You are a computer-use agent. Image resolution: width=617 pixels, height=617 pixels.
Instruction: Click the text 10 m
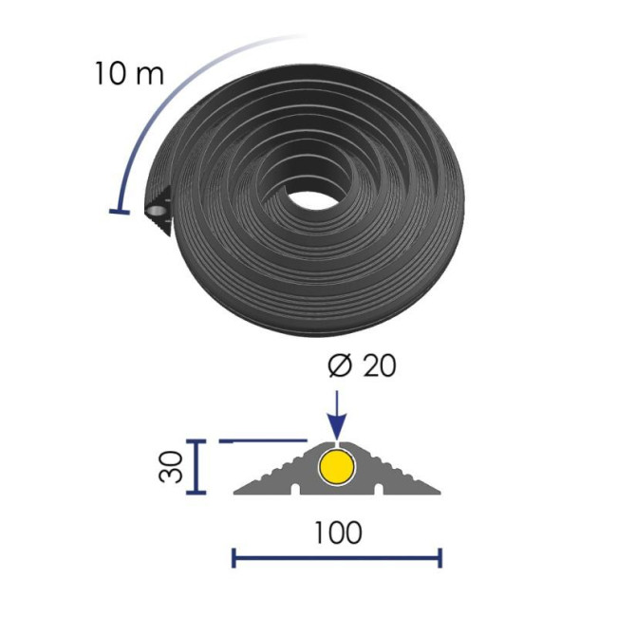129,74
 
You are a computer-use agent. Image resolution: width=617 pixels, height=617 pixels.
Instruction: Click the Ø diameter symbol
340,365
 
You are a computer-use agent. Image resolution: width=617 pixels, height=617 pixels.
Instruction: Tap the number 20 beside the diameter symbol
378,365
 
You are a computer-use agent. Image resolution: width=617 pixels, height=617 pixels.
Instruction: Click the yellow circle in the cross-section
336,468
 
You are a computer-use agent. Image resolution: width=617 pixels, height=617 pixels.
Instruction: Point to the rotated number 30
171,467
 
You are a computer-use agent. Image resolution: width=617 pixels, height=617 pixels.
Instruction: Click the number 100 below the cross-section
338,533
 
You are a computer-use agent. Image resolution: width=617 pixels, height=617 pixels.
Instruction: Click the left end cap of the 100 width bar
234,557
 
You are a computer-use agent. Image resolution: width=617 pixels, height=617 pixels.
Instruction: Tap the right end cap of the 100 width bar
439,557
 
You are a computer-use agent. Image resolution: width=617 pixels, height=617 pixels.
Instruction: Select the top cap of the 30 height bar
196,441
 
